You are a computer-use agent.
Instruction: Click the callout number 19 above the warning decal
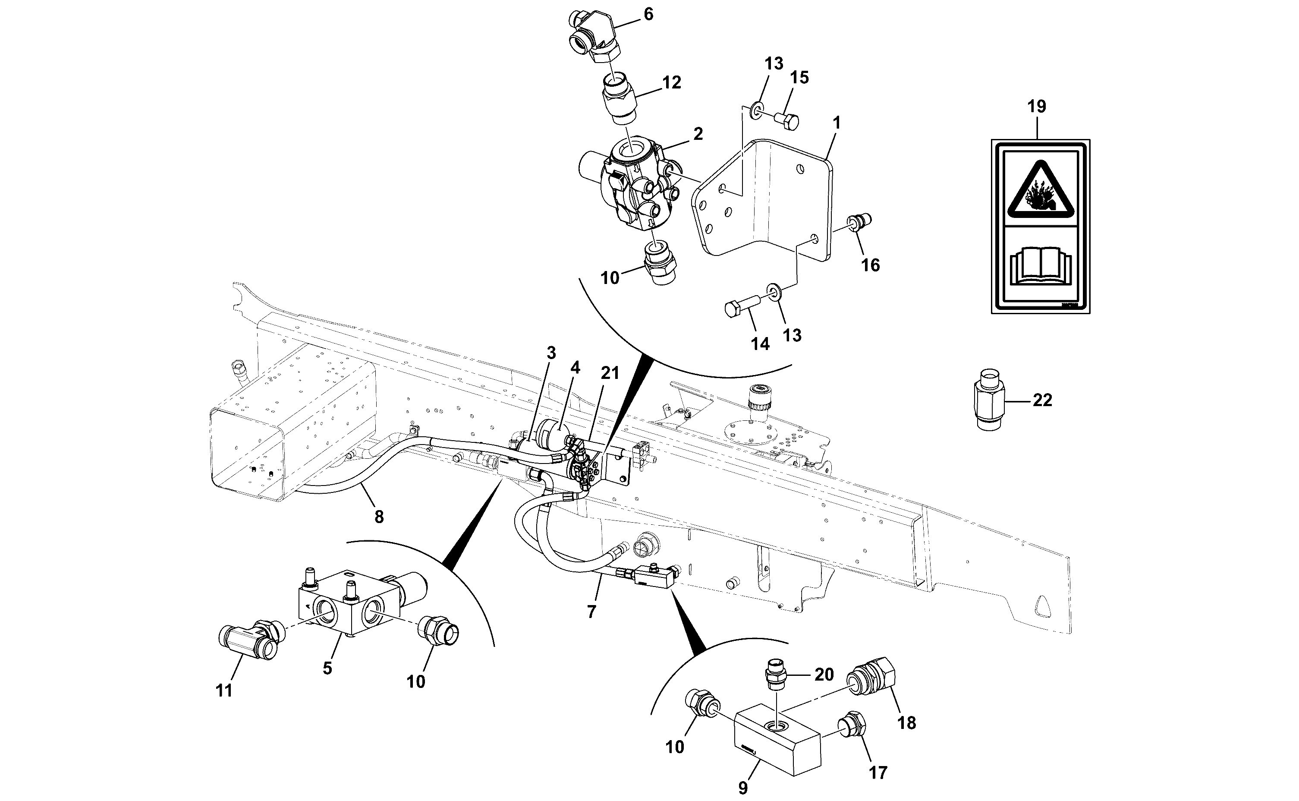click(1036, 107)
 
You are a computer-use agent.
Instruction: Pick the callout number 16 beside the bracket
click(871, 265)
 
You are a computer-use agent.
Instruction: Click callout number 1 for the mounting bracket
click(836, 123)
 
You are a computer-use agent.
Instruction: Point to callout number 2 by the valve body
click(698, 134)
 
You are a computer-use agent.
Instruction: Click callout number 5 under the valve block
click(327, 668)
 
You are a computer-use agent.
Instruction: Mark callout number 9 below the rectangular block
click(743, 788)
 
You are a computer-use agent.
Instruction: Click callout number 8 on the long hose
click(379, 517)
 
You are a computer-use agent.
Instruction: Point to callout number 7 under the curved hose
click(591, 612)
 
